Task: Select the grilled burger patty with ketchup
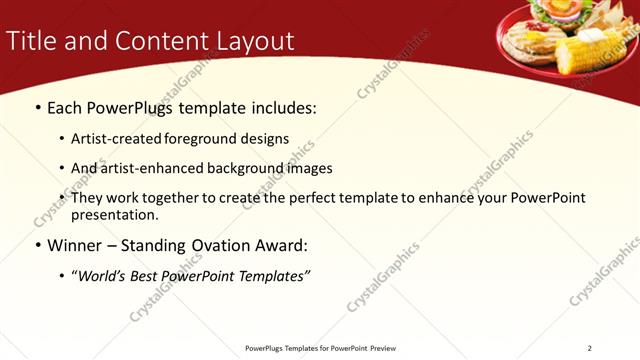pos(530,45)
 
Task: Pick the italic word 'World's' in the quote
pos(102,275)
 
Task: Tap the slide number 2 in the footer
pos(590,348)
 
